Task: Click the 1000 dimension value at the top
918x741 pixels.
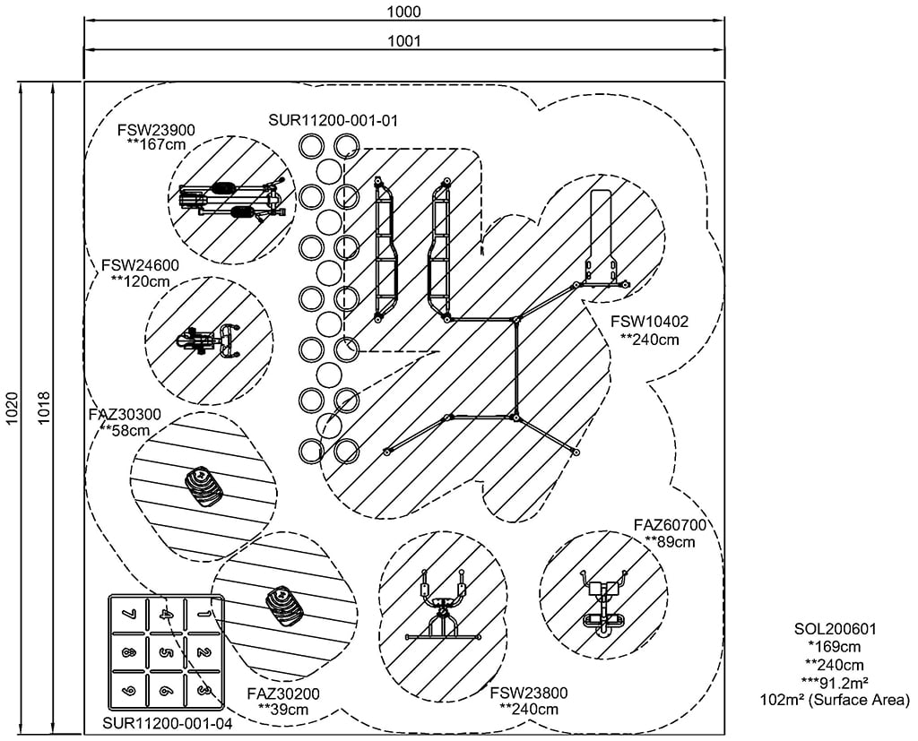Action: click(405, 12)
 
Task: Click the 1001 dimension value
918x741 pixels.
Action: click(405, 40)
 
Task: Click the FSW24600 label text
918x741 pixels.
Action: click(141, 265)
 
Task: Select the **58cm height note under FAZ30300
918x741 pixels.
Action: click(125, 430)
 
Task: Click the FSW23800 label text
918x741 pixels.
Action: click(529, 694)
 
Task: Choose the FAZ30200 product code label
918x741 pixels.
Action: click(282, 694)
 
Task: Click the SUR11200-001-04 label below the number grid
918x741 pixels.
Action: click(168, 723)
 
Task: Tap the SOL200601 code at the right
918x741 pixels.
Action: click(834, 630)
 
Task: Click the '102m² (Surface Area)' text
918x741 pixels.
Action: click(834, 700)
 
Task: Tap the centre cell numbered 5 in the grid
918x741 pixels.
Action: click(166, 651)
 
